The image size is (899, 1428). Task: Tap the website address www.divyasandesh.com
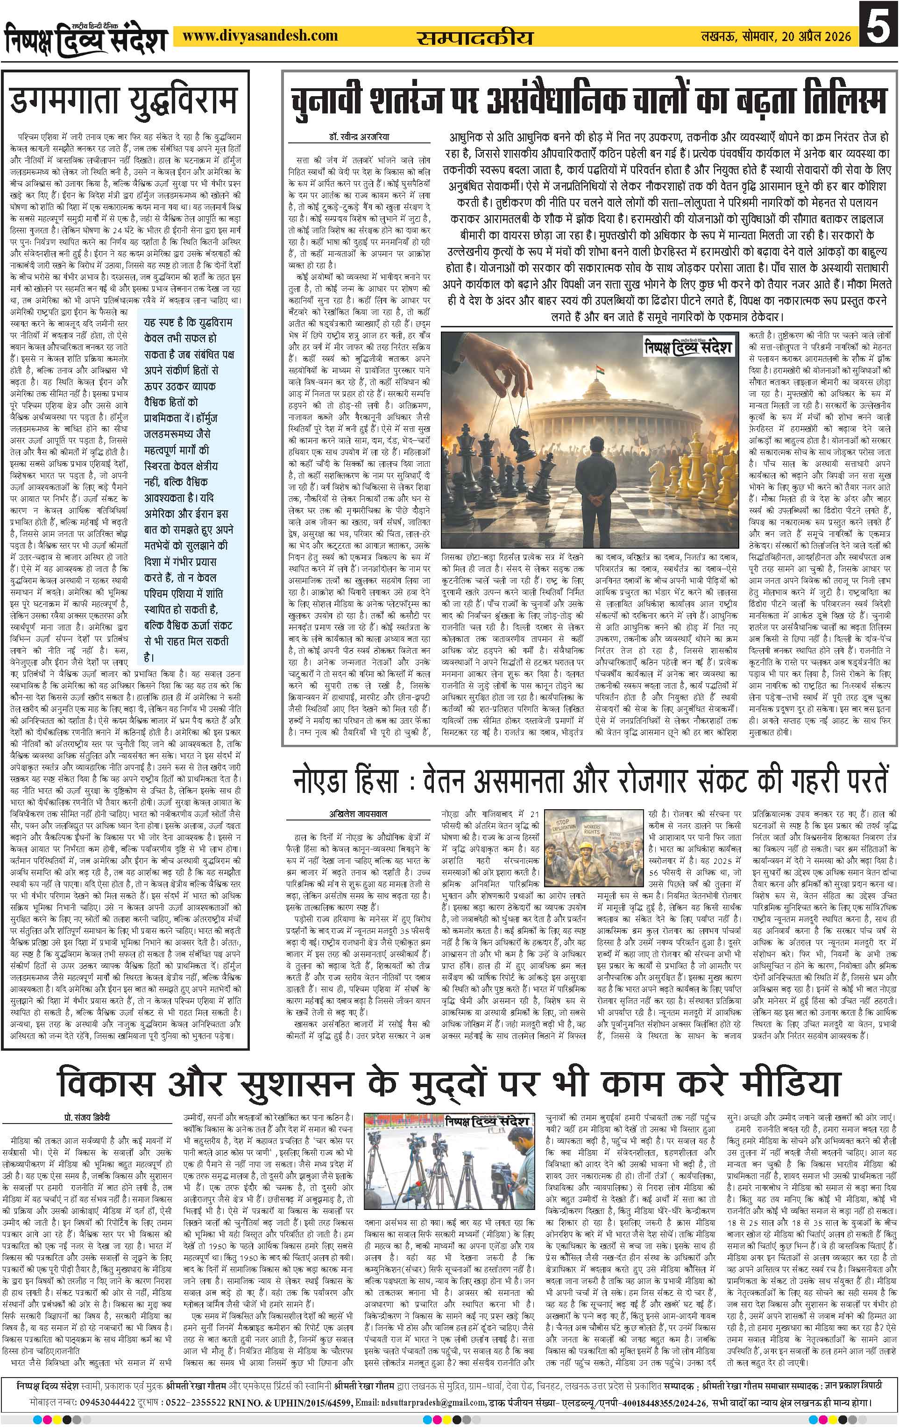pos(260,37)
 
